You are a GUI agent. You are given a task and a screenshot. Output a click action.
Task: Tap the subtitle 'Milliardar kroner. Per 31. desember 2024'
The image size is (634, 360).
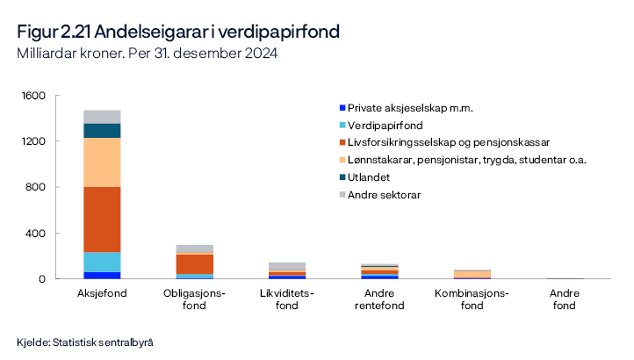tap(147, 54)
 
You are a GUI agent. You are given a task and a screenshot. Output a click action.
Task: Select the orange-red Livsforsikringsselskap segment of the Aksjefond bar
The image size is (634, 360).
tap(102, 220)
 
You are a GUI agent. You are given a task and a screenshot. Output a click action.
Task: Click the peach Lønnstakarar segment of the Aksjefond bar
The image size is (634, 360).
tap(102, 162)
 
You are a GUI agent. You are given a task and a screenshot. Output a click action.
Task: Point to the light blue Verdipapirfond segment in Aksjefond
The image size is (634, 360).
tap(102, 262)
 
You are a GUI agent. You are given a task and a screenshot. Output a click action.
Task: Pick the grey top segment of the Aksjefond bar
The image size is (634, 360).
tap(102, 117)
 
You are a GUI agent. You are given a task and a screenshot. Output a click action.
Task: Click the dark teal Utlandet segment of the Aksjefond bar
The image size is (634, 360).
tap(102, 131)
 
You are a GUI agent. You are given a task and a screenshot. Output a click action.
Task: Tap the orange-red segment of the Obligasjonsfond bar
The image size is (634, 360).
tap(195, 263)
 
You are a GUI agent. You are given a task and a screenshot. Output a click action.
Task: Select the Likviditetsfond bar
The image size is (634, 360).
tap(287, 271)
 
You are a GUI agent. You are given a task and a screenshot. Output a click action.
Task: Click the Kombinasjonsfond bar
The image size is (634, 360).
tap(472, 274)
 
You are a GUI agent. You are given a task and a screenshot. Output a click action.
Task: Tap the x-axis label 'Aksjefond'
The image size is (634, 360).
tap(102, 293)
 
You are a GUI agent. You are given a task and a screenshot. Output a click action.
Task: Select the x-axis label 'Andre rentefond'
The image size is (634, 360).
tap(379, 299)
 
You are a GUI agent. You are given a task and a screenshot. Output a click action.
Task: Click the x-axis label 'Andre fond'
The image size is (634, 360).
tap(564, 299)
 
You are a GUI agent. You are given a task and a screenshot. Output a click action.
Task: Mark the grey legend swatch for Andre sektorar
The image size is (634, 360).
tap(342, 195)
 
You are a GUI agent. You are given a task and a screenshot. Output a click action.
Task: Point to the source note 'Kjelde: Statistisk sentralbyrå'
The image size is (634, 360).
tap(90, 342)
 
